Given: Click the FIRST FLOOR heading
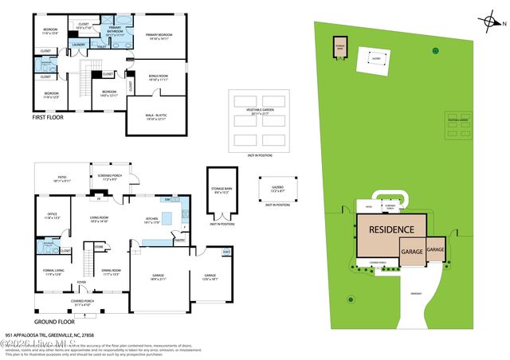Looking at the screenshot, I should pyautogui.click(x=48, y=117).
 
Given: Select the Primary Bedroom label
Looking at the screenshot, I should pyautogui.click(x=159, y=36).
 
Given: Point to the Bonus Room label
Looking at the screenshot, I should pyautogui.click(x=158, y=77).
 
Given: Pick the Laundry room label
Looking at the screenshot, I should pyautogui.click(x=78, y=44).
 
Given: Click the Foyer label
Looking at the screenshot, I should pyautogui.click(x=81, y=281).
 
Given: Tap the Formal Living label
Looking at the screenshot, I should pyautogui.click(x=53, y=272).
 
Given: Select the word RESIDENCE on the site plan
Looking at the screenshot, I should pyautogui.click(x=389, y=225).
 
